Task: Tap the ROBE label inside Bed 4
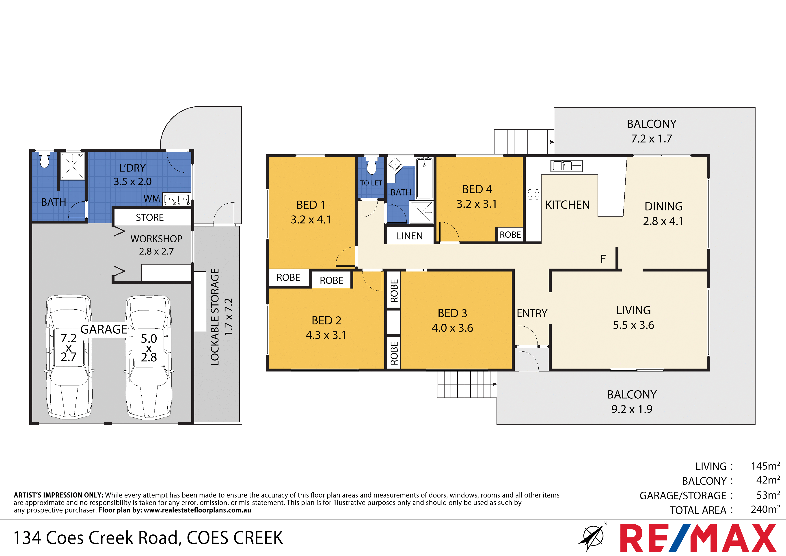tap(510, 235)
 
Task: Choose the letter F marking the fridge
tap(603, 259)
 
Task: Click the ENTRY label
tap(532, 313)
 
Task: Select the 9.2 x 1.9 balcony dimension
tap(632, 409)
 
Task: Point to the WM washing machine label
tap(152, 199)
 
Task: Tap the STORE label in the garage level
tap(150, 217)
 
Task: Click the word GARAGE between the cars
tap(104, 329)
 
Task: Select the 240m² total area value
tap(765, 509)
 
